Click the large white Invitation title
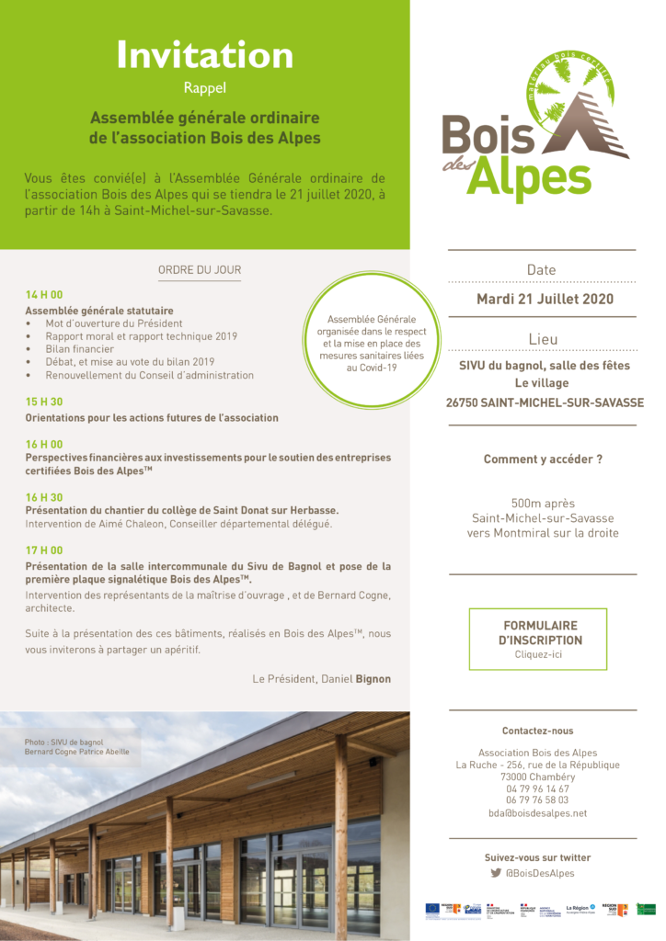click(x=204, y=55)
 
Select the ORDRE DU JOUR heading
click(x=200, y=270)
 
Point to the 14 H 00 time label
click(x=44, y=295)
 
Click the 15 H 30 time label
click(x=44, y=402)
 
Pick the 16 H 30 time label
click(x=44, y=496)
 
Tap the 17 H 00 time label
click(x=44, y=550)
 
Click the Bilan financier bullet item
click(x=80, y=349)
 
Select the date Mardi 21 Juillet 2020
click(x=545, y=300)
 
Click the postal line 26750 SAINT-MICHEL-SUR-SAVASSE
click(x=545, y=402)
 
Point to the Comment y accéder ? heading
click(x=543, y=459)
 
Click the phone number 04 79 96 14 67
click(x=538, y=788)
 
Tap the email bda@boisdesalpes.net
click(x=538, y=813)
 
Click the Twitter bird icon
click(x=496, y=873)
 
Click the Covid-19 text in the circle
click(x=365, y=368)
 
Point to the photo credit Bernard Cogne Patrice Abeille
click(x=77, y=753)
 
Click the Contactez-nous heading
click(x=538, y=731)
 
